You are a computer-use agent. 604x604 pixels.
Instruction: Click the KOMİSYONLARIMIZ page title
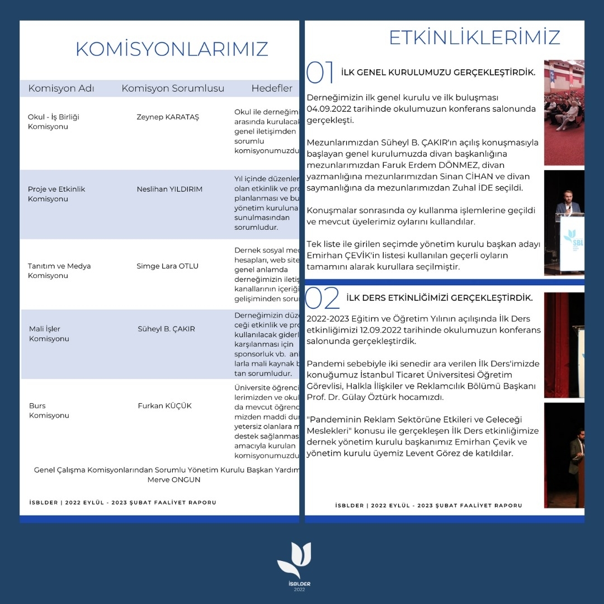click(172, 49)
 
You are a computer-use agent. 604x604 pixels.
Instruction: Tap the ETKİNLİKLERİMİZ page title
click(474, 37)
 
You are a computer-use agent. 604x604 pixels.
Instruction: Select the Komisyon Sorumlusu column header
click(173, 88)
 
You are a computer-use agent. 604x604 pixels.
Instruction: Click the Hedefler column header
click(272, 88)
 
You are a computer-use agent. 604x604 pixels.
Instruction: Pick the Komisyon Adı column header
click(61, 88)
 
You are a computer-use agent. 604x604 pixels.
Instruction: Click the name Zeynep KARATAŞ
click(168, 117)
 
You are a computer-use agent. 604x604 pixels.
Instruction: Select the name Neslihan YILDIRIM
click(169, 189)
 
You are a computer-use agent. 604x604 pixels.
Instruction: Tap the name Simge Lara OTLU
click(167, 266)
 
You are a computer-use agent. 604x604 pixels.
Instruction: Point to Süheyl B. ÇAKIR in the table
click(166, 329)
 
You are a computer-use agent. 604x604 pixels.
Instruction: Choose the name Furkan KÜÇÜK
click(164, 405)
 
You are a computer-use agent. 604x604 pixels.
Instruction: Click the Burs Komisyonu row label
click(49, 410)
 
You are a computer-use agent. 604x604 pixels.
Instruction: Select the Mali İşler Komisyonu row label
click(49, 334)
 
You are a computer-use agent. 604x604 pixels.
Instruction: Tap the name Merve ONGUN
click(174, 480)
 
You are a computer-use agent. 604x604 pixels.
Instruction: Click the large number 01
click(320, 73)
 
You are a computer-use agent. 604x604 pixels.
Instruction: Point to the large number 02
click(323, 299)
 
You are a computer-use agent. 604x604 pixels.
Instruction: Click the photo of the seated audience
click(564, 112)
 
